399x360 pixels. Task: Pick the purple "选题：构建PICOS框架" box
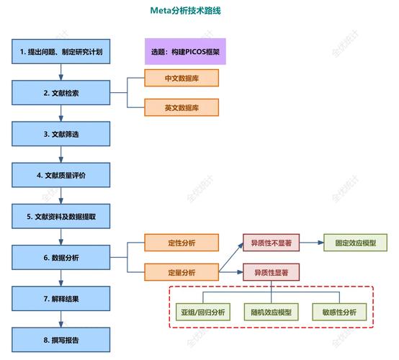[185, 52]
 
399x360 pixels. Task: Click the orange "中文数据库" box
[181, 78]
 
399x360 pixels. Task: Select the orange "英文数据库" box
[181, 108]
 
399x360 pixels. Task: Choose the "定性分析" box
[181, 243]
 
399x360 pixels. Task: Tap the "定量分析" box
[181, 272]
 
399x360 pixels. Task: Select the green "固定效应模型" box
[355, 243]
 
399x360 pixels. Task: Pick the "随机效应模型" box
[272, 312]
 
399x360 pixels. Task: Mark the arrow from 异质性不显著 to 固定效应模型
[312, 243]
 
